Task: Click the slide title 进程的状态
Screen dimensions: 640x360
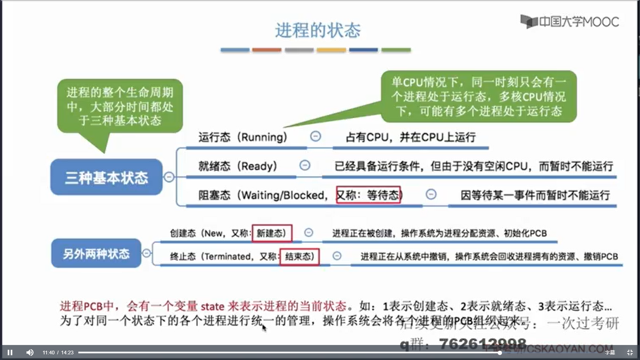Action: (x=318, y=30)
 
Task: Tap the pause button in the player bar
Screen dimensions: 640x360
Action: (x=10, y=352)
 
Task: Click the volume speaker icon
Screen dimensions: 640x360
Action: (x=30, y=352)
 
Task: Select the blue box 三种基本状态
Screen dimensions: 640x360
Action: (x=106, y=177)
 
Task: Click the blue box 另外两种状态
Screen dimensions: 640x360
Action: (x=96, y=254)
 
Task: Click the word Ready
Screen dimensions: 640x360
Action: (x=259, y=166)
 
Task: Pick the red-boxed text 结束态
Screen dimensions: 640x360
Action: (x=299, y=256)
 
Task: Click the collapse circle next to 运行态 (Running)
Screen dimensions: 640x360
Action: (x=315, y=136)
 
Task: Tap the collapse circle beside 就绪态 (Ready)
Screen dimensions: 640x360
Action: (x=305, y=165)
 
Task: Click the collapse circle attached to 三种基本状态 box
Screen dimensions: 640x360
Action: (x=169, y=177)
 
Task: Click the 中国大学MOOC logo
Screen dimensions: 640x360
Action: (x=570, y=22)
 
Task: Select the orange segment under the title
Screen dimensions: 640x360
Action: (x=267, y=50)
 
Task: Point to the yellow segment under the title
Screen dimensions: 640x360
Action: (x=331, y=50)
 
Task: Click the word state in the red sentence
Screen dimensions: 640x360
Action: (x=212, y=306)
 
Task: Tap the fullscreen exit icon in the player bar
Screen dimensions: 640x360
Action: (x=630, y=352)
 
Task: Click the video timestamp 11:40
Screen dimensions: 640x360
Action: (x=48, y=353)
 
